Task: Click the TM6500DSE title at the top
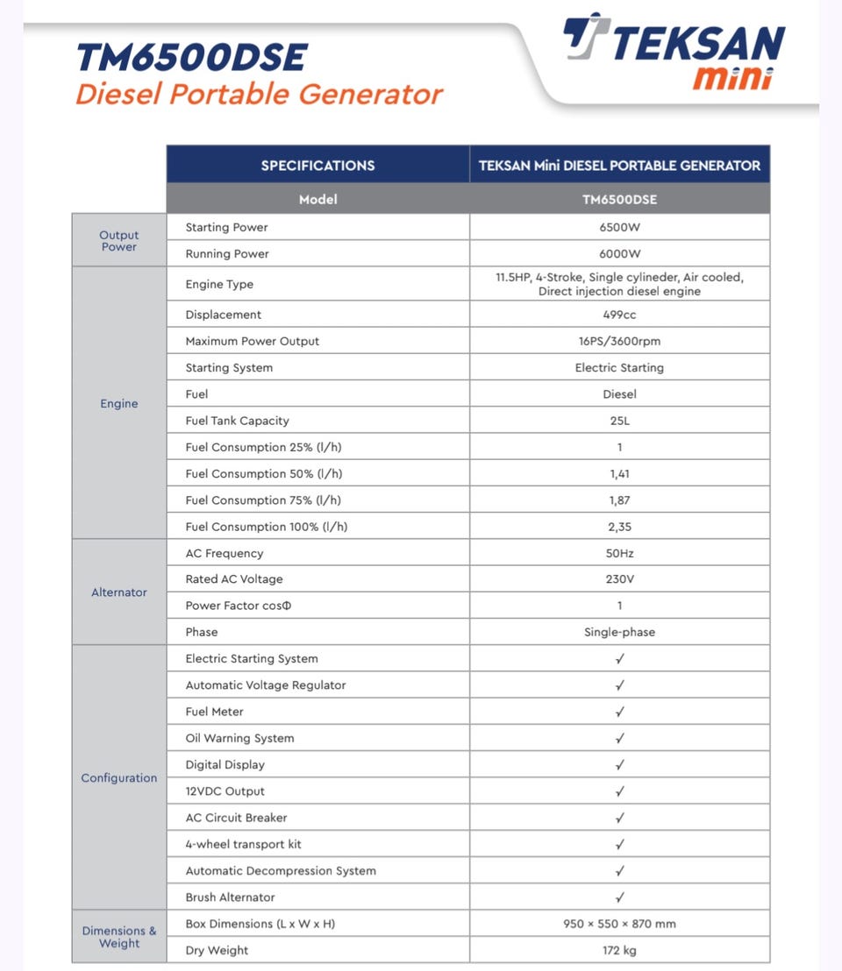191,58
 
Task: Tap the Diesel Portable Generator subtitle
259,94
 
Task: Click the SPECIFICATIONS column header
318,165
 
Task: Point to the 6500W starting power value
619,227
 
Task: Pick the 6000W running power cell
619,253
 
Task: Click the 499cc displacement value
619,315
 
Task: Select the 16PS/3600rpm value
619,341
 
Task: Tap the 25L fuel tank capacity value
619,421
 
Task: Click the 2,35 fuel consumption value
619,527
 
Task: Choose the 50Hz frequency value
619,553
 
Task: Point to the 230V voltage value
619,579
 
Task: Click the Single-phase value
619,632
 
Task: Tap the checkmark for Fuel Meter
619,712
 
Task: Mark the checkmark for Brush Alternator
619,897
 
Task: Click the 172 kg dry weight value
619,950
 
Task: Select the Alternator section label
119,592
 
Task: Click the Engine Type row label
219,284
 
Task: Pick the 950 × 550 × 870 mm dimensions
619,924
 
